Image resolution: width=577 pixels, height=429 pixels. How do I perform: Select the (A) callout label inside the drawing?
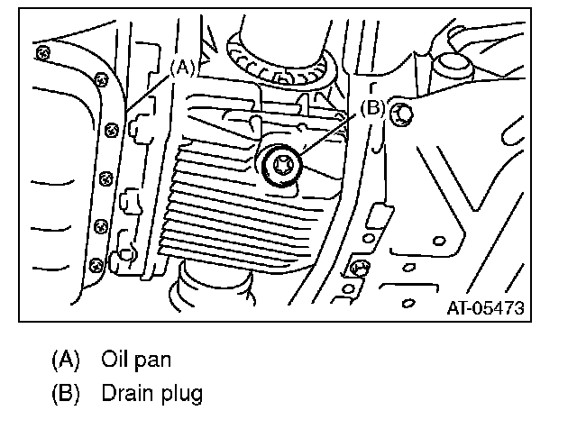(182, 66)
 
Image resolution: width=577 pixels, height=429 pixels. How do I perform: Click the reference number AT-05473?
(485, 308)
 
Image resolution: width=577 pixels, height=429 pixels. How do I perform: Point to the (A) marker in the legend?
(65, 359)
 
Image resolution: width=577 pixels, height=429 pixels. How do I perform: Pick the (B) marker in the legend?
(65, 393)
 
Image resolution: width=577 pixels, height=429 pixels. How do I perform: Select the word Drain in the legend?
(123, 393)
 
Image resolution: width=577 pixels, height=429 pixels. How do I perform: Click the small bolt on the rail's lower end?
(358, 268)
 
